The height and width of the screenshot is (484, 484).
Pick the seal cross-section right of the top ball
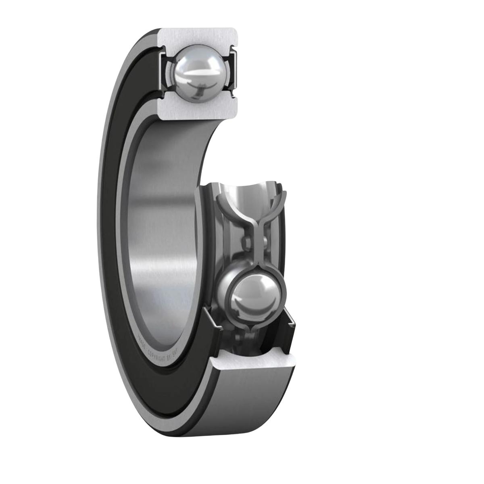232,73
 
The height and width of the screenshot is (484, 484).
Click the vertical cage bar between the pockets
255,242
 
